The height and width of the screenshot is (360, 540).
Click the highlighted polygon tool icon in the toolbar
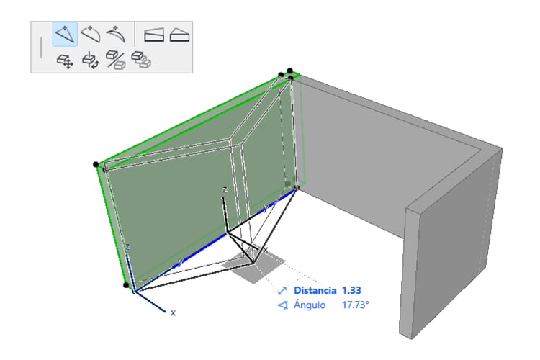click(65, 34)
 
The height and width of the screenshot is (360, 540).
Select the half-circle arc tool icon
click(90, 34)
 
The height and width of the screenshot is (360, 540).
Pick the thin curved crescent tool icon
click(115, 34)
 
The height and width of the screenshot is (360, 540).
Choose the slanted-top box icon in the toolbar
click(154, 35)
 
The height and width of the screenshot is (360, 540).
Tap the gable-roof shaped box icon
click(179, 35)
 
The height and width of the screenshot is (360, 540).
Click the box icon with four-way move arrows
click(65, 61)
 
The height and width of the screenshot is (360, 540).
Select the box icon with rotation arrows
click(91, 60)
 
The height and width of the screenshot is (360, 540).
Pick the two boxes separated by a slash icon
click(116, 60)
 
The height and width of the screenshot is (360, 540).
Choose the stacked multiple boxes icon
click(141, 60)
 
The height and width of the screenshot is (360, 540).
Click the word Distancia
click(315, 290)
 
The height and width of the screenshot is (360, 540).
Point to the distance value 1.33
click(351, 290)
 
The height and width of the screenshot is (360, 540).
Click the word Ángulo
click(310, 305)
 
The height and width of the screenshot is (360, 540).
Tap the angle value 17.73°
click(355, 305)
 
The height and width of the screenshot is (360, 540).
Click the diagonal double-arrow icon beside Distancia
click(282, 291)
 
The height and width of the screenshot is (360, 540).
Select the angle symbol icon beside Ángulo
click(283, 305)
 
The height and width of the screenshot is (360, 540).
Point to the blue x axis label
click(173, 312)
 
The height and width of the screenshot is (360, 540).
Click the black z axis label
click(225, 190)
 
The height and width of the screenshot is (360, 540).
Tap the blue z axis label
click(127, 247)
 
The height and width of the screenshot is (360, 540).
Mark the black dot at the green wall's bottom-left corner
click(126, 285)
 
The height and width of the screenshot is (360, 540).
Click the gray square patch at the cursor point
click(254, 264)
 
